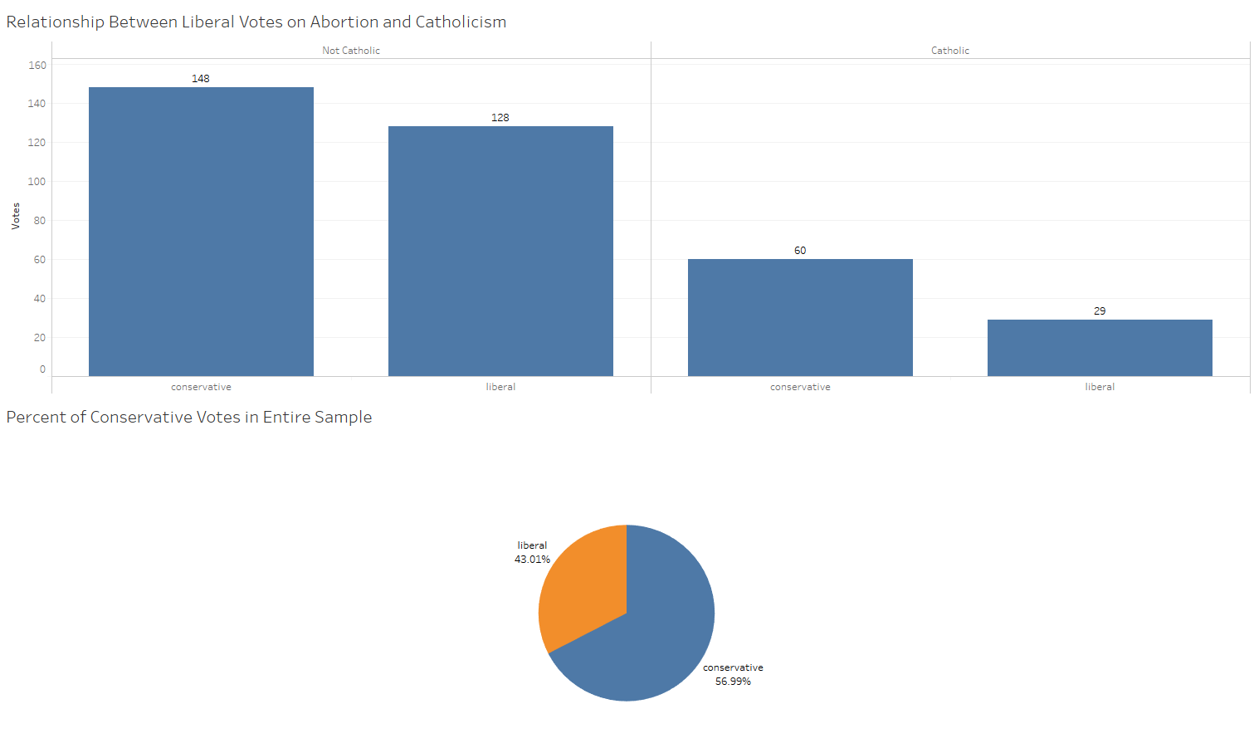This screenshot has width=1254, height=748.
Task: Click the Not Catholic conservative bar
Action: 201,232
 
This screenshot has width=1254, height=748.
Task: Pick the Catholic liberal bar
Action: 1100,348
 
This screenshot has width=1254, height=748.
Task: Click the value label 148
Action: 201,79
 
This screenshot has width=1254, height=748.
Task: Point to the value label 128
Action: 500,118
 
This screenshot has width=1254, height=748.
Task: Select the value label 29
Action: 1100,311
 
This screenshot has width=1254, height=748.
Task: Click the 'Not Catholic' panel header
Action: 351,51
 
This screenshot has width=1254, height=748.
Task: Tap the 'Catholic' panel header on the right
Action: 950,51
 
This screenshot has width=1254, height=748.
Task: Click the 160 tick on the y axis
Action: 37,66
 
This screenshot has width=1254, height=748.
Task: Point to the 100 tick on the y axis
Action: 37,182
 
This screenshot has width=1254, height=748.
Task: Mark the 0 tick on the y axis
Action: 42,369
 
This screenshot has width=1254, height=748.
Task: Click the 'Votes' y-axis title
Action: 16,216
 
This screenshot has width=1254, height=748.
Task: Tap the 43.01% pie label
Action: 532,560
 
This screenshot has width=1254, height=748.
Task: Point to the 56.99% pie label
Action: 733,682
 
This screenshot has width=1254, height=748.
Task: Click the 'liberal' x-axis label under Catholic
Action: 1100,387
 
